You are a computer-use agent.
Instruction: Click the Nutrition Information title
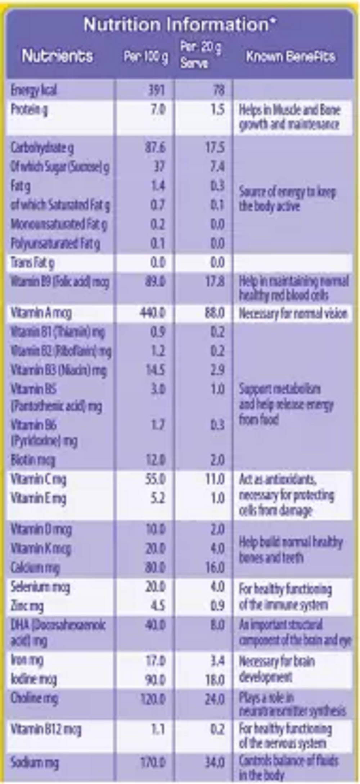coord(180,24)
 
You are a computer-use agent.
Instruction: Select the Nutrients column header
coord(57,56)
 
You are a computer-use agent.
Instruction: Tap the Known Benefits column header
coord(291,57)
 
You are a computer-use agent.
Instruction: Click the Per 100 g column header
coord(146,57)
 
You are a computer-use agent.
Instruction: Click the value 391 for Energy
coord(157,90)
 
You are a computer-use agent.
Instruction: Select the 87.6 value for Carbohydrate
coord(155,147)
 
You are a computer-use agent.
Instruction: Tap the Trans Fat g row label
coord(32,263)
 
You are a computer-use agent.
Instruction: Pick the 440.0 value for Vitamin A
coord(153,312)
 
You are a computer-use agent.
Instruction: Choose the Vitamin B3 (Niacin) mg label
coord(59,370)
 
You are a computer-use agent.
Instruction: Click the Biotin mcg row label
coord(33,460)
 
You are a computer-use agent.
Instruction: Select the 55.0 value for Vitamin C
coord(155,479)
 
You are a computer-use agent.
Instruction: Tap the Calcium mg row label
coord(35,568)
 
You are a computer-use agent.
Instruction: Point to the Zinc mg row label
coord(27,605)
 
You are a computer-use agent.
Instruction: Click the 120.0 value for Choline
coord(153,699)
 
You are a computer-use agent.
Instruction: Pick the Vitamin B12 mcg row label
coord(46,729)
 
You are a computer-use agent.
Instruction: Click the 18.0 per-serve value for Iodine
coord(215,680)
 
